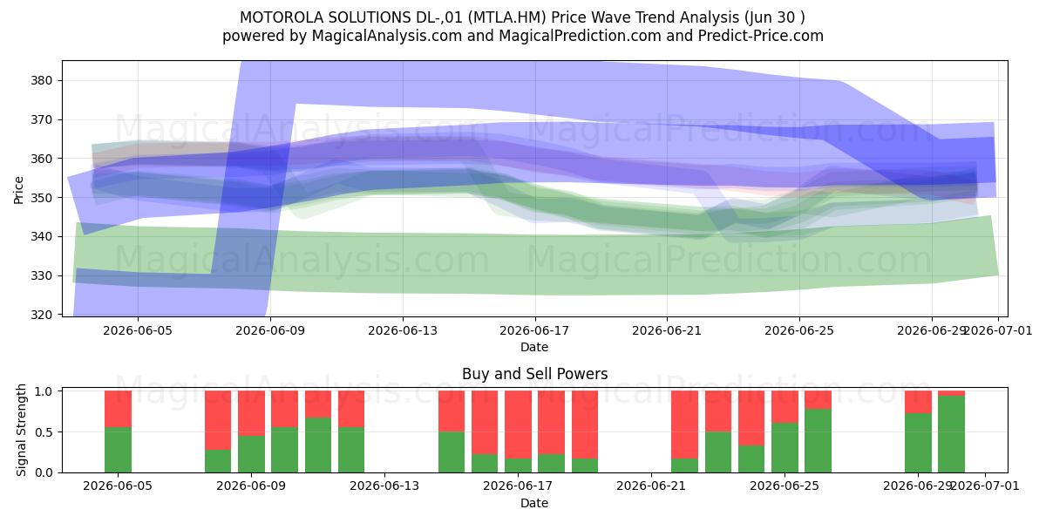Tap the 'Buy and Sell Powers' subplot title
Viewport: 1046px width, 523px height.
pos(534,374)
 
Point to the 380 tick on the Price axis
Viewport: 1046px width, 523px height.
pos(41,80)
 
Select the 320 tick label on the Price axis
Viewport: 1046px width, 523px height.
pos(41,315)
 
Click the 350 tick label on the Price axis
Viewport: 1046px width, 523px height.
pos(41,198)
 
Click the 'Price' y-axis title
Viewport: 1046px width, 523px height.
pos(18,190)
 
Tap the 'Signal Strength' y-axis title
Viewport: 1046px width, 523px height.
pos(21,430)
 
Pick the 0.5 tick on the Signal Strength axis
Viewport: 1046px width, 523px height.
pos(44,432)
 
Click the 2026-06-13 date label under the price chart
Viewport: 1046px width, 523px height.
pos(403,330)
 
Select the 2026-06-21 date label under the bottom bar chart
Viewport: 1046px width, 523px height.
pos(651,486)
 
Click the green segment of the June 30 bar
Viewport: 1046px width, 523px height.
pos(951,434)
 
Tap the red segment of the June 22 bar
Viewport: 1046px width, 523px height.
pos(684,425)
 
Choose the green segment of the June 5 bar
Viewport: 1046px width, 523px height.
pos(118,450)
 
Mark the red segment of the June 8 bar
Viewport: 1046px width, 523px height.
pos(218,420)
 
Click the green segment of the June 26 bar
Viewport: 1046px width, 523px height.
pos(818,441)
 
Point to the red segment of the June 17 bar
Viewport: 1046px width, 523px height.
pos(518,425)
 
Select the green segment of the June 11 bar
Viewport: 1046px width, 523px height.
pos(318,445)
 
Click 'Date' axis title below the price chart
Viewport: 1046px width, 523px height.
pos(534,347)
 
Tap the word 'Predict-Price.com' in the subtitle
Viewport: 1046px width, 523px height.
pos(761,36)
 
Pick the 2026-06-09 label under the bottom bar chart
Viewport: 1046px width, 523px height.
pos(251,486)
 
